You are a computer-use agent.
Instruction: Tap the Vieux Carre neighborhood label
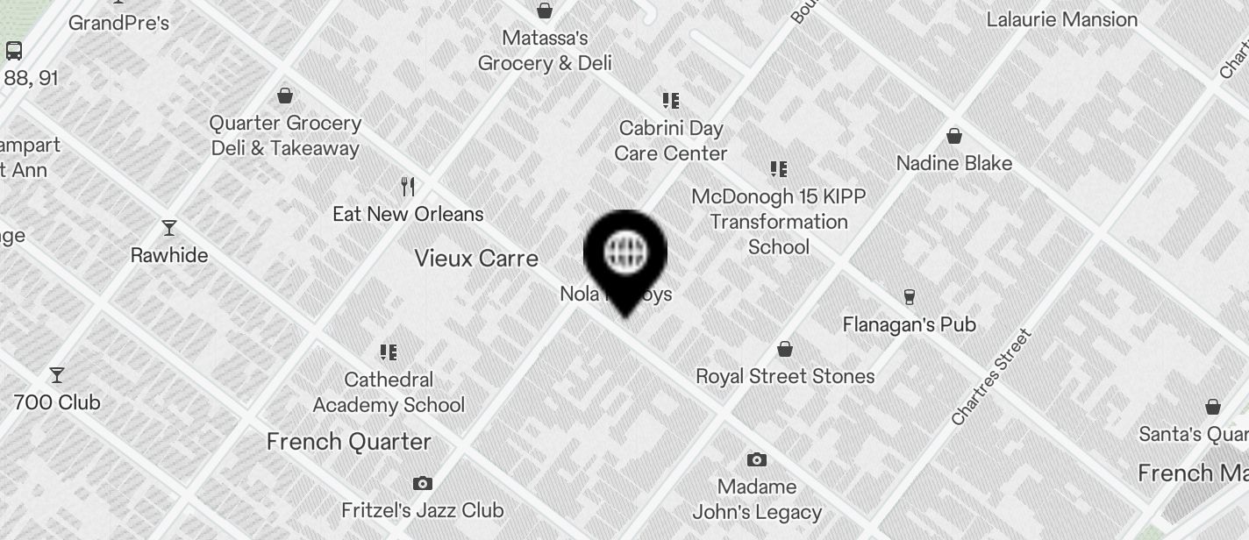(x=476, y=259)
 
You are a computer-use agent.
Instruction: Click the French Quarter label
(x=349, y=442)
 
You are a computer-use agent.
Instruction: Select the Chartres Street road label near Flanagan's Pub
(x=991, y=377)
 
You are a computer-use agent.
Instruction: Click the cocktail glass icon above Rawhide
(x=169, y=229)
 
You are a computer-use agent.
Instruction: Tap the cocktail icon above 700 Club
(x=57, y=375)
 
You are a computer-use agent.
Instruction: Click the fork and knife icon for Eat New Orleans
(x=408, y=187)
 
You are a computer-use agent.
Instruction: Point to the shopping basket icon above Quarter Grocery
(x=285, y=96)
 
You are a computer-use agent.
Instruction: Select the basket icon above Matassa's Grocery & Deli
(x=545, y=11)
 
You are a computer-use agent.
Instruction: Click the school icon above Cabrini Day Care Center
(x=671, y=101)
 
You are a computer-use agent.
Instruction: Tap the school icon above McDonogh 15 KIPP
(x=779, y=169)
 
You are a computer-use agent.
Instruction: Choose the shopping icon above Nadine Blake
(x=954, y=137)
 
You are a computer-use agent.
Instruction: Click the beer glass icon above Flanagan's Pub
(x=909, y=297)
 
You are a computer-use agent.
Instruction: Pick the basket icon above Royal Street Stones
(x=785, y=350)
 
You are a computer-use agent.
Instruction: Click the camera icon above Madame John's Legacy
(x=757, y=460)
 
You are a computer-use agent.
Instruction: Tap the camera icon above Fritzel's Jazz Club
(x=423, y=484)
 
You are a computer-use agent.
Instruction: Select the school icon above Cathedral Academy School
(x=389, y=352)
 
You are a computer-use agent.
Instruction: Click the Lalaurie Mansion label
(x=1062, y=19)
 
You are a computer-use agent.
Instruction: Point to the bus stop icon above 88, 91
(x=14, y=50)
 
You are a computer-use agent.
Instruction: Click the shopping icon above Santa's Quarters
(x=1213, y=407)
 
